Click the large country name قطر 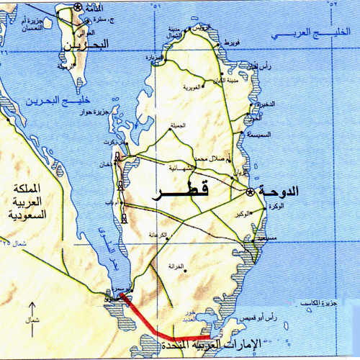click(181, 192)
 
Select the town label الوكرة click(274, 207)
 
